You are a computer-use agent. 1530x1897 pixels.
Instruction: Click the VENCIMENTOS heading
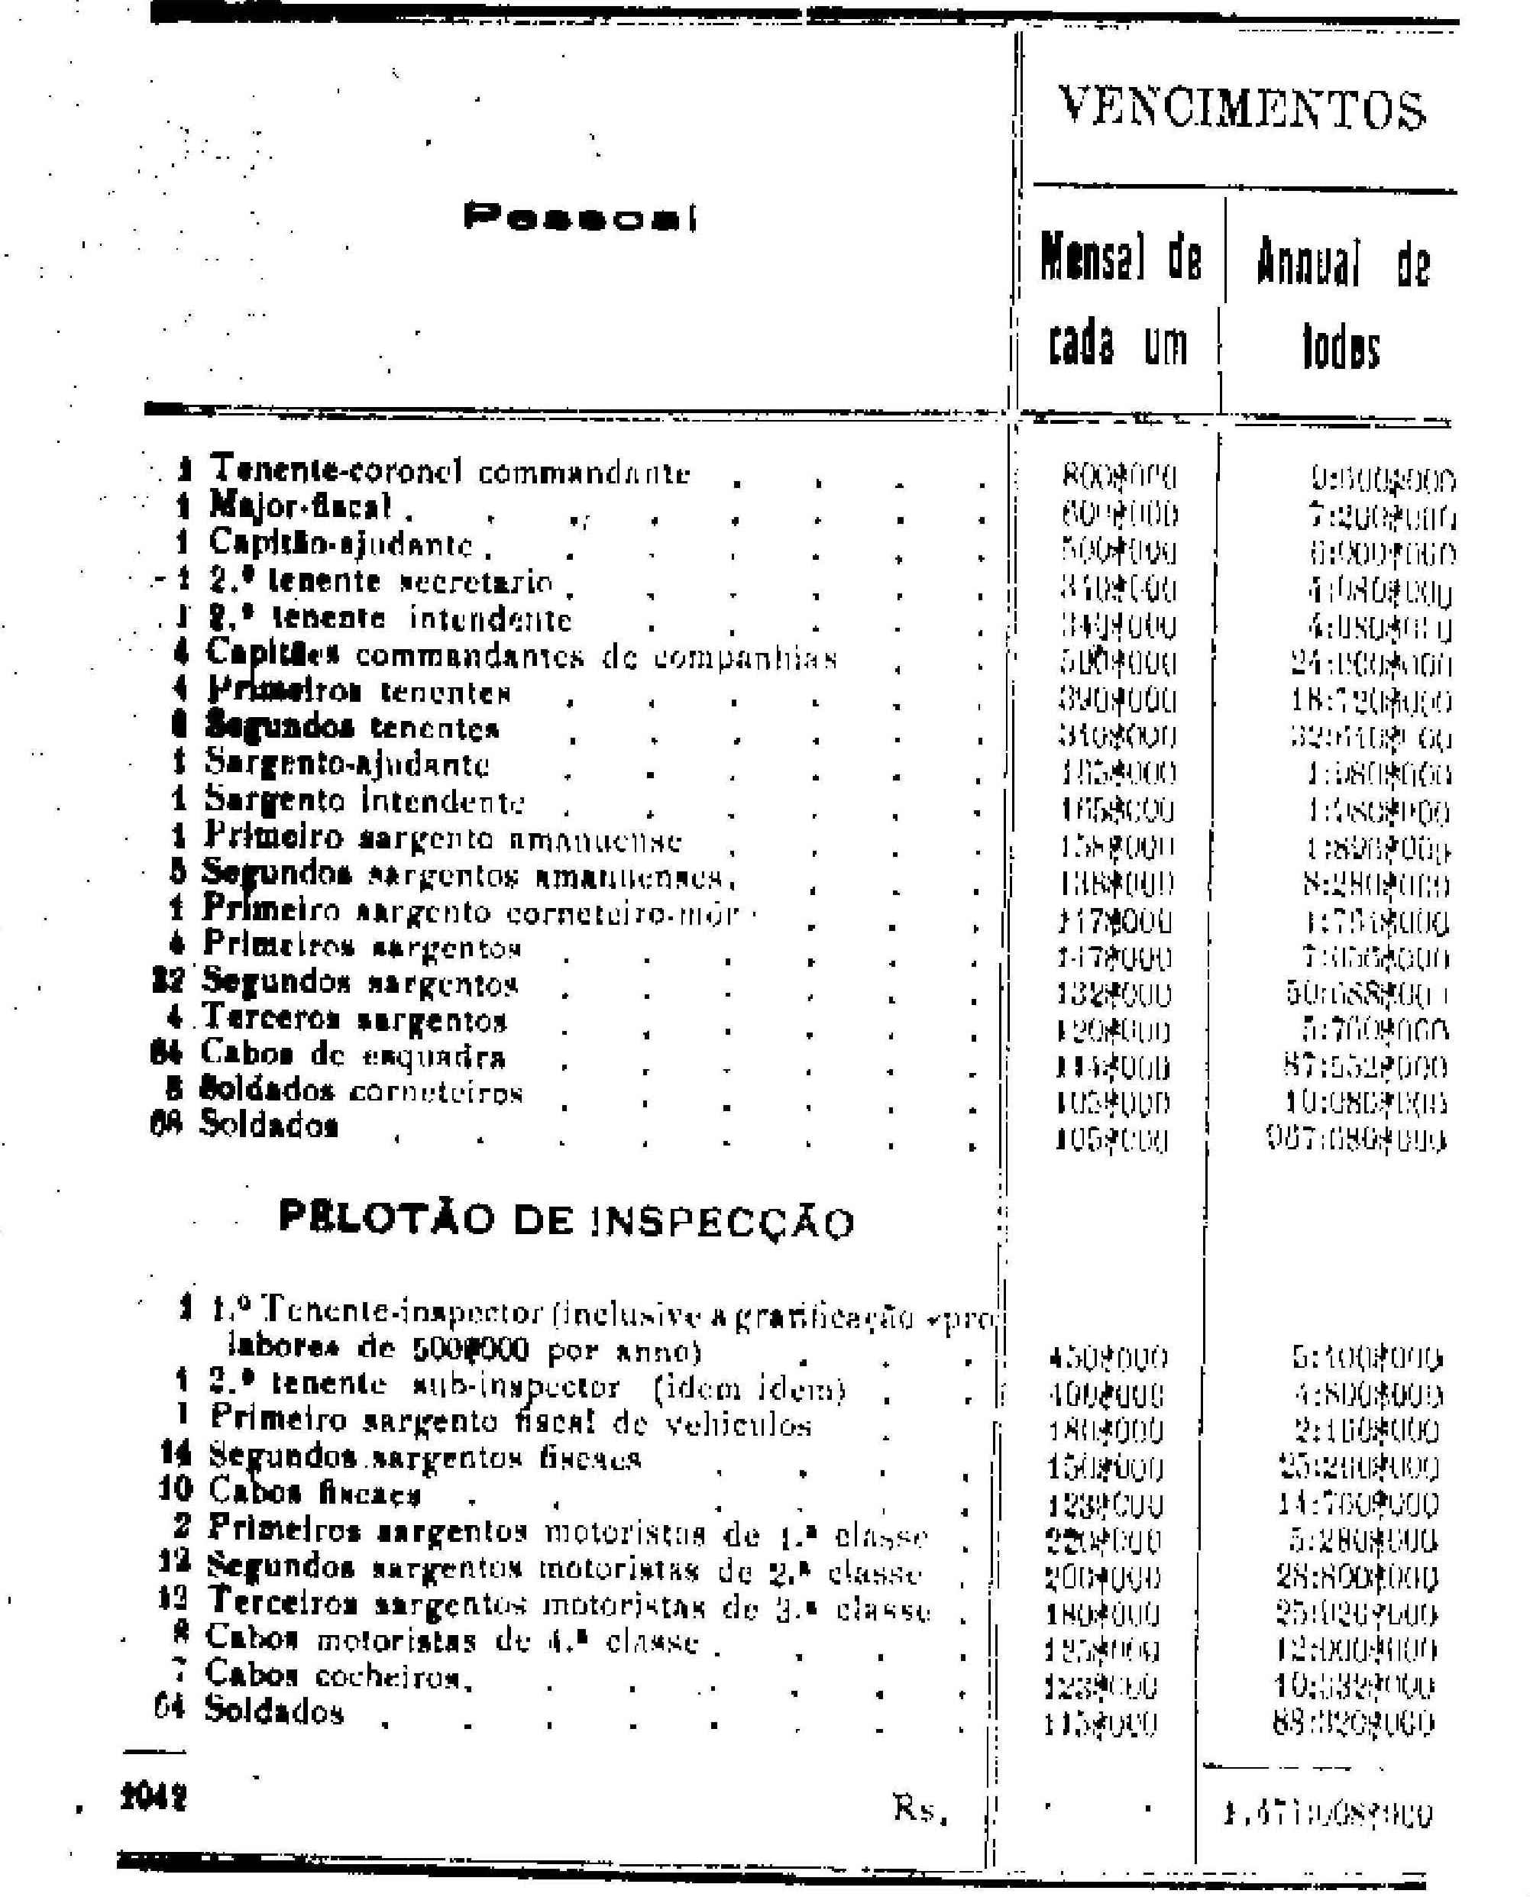click(1241, 109)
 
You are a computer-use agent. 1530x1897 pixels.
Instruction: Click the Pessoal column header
click(579, 217)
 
